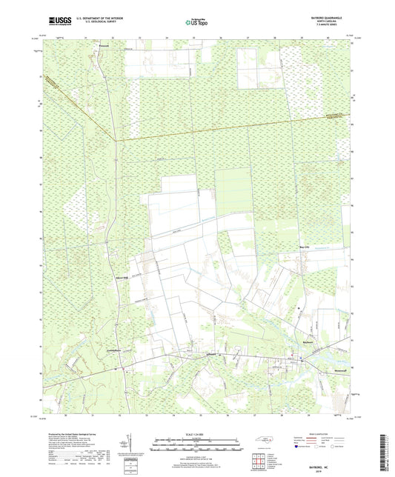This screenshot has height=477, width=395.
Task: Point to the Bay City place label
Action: (x=302, y=249)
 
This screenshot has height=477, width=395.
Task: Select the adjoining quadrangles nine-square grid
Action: (x=259, y=461)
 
